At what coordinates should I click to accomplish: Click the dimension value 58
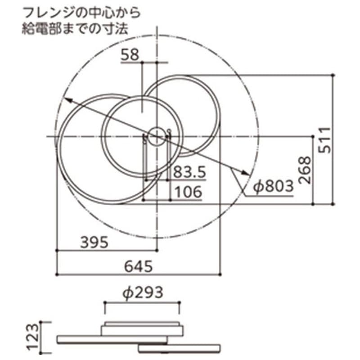130,55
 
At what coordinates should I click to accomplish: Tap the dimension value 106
187,192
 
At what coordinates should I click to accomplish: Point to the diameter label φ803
272,186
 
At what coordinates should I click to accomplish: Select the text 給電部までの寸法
75,29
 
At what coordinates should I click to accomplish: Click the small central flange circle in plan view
156,135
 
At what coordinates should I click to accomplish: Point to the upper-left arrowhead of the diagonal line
66,100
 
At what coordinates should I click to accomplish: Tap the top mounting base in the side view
142,329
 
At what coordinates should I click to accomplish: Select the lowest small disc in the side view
180,349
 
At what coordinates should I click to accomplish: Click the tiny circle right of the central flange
169,131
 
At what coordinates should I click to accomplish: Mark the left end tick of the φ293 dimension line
105,309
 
